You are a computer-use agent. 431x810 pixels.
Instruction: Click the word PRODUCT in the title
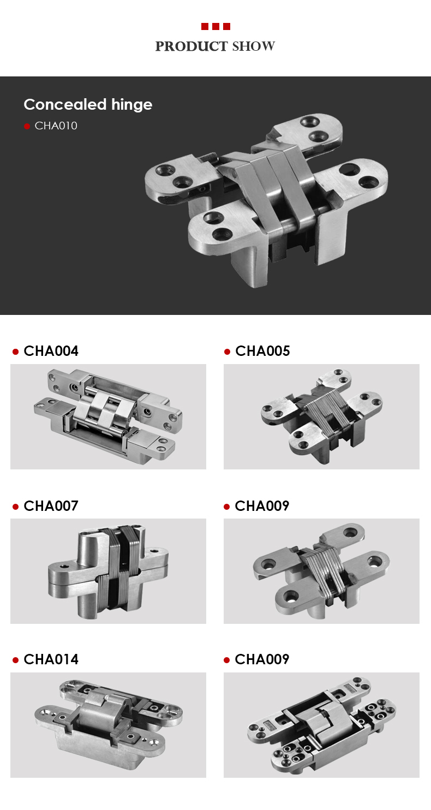tap(192, 47)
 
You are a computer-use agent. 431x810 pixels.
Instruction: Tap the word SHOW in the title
tap(254, 47)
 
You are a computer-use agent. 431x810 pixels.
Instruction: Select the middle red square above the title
tap(215, 26)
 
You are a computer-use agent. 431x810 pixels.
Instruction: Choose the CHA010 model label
tap(56, 126)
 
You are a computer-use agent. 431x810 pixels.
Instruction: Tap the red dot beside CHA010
tap(27, 127)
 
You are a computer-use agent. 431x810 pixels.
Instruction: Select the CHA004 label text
tap(51, 351)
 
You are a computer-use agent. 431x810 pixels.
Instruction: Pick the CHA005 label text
tap(262, 351)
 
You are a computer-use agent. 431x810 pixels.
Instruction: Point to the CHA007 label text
tap(51, 506)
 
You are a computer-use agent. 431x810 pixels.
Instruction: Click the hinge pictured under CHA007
tap(108, 570)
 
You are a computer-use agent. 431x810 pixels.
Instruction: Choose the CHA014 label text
tap(51, 659)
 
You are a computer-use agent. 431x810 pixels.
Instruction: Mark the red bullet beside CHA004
tap(16, 352)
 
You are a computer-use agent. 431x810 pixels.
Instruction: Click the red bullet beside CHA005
tap(227, 352)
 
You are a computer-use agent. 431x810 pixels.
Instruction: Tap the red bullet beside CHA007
tap(16, 507)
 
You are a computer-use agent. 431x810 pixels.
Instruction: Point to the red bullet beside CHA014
tap(16, 660)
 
